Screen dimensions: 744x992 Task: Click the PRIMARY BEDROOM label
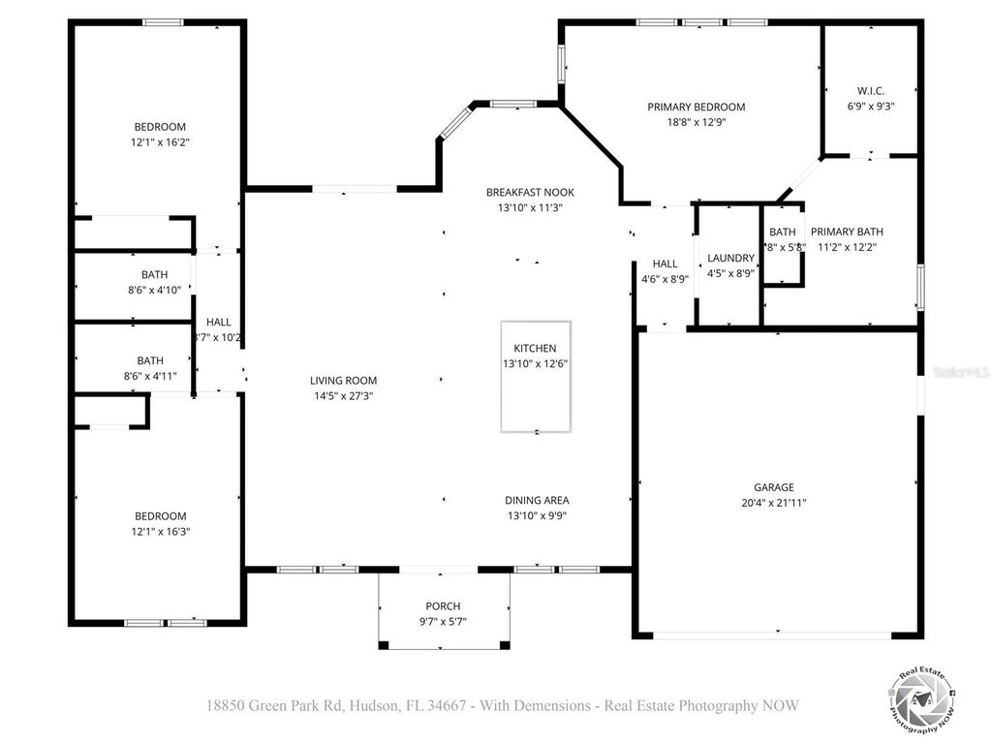pos(696,108)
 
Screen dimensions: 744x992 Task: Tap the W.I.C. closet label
pos(870,91)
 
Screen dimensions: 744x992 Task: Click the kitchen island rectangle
pos(536,376)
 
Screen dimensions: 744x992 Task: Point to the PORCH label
pos(443,606)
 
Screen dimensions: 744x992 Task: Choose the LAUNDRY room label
pos(730,258)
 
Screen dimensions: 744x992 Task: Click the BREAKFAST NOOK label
pos(530,193)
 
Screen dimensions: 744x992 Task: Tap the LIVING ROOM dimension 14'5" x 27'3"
pos(343,396)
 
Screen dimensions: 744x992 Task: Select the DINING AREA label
pos(537,501)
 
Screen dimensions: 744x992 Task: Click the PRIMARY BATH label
pos(847,232)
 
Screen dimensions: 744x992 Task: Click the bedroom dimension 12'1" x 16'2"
pos(159,142)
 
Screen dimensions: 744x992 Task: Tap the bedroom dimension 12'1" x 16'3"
pos(160,532)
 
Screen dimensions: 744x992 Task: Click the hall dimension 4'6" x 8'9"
pos(665,279)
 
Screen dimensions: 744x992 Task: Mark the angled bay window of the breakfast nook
pos(453,122)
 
